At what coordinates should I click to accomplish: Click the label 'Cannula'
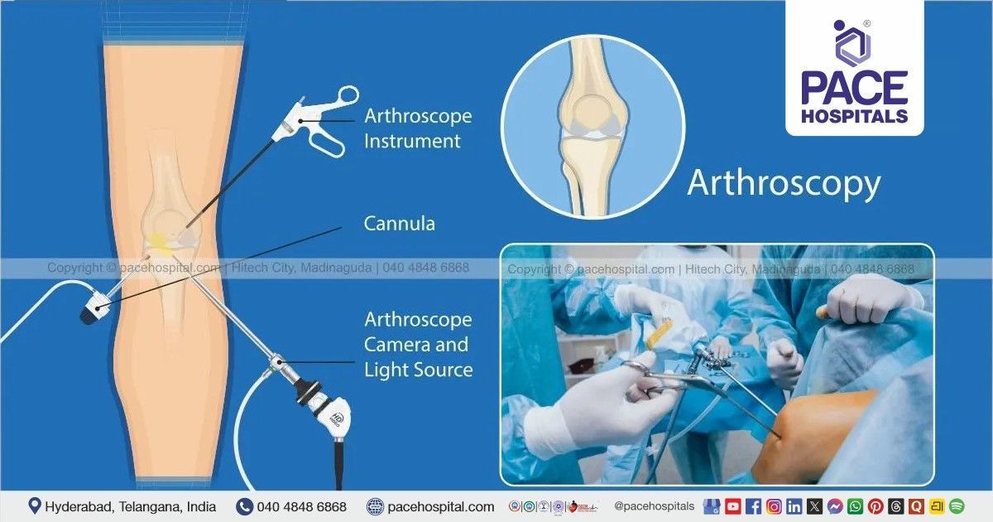click(399, 223)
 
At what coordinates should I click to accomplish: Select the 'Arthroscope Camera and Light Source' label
click(418, 344)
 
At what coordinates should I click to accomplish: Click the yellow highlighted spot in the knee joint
click(161, 244)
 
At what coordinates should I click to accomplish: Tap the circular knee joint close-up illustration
click(593, 126)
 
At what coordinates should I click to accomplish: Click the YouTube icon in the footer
click(733, 506)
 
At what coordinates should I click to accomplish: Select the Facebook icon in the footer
click(753, 506)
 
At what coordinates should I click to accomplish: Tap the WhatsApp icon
click(855, 506)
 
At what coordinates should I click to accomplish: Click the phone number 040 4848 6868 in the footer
click(301, 506)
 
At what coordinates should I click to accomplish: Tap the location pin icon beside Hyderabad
click(35, 505)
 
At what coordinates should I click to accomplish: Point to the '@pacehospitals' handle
click(654, 505)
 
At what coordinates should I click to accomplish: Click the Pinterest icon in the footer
click(875, 506)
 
